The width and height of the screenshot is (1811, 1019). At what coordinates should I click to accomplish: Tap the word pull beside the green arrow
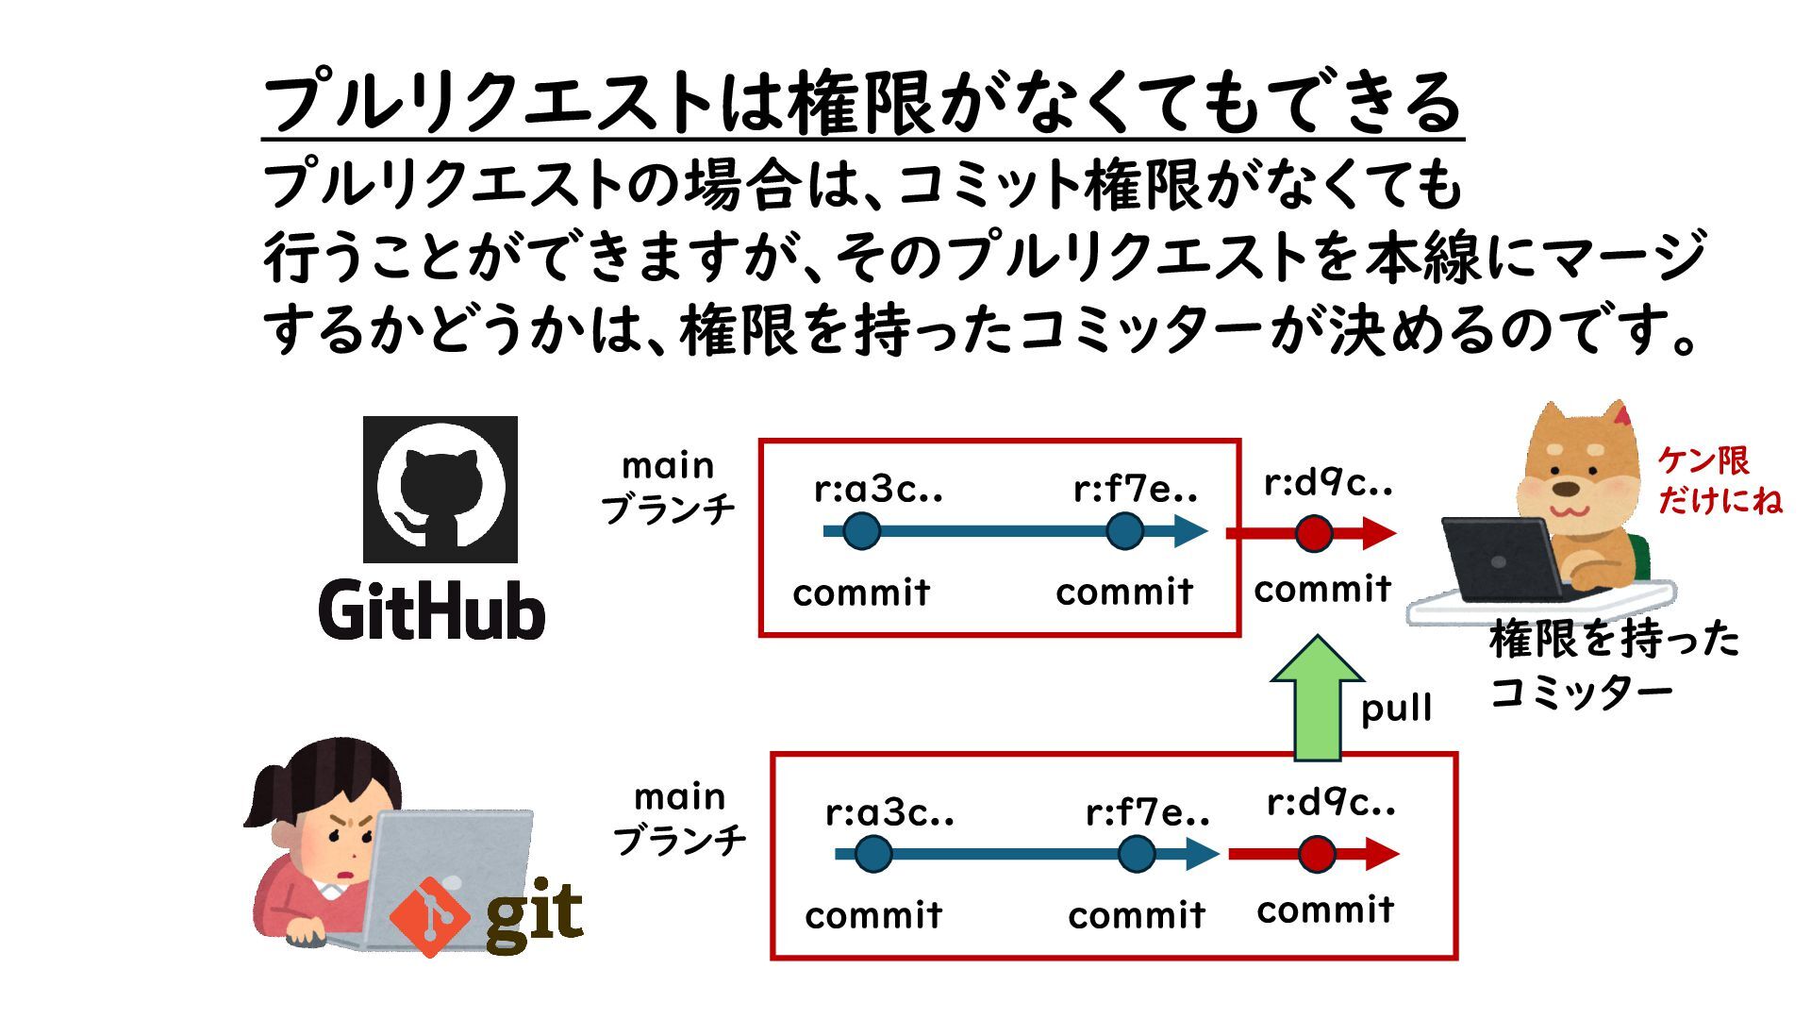[1396, 709]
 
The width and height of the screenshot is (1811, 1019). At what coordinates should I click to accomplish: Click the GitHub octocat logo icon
[440, 489]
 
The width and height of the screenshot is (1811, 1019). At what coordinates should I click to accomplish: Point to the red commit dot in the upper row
[1313, 533]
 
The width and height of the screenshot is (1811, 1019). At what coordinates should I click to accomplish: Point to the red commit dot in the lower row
[1317, 855]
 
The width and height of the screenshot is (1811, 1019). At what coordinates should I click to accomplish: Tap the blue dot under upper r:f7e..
[1124, 531]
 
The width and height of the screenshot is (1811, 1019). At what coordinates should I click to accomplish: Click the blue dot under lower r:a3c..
[872, 855]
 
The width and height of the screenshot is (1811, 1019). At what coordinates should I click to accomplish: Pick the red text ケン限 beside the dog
[1703, 460]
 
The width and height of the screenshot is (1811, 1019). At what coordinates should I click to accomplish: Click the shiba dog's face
[1570, 476]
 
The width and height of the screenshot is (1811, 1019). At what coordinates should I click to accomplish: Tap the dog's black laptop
[1500, 560]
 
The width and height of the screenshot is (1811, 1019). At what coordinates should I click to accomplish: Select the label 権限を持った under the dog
[1614, 639]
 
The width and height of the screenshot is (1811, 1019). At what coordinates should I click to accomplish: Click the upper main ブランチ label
[668, 488]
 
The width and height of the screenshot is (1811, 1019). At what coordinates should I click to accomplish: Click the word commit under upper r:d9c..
[1322, 590]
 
